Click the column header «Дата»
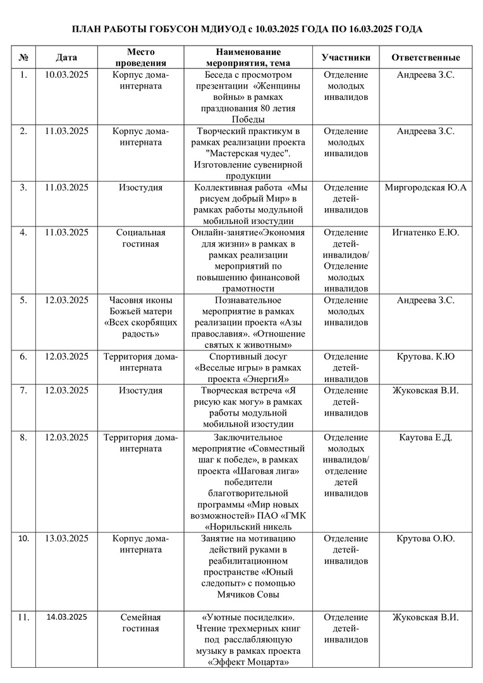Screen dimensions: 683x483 (66, 58)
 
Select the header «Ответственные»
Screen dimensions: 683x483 (425, 58)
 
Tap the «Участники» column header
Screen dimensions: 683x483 (346, 58)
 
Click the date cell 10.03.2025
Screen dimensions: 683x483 (66, 75)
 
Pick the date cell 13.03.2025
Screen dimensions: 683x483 (66, 539)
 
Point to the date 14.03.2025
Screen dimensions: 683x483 (66, 617)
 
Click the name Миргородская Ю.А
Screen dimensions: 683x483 (425, 188)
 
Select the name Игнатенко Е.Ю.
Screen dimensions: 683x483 (425, 233)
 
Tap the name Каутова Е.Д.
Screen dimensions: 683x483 (425, 438)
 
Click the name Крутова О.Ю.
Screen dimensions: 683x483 (425, 539)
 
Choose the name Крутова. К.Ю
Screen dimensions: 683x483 (425, 357)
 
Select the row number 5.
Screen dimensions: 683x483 (23, 300)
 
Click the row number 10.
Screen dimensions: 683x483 (23, 539)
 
